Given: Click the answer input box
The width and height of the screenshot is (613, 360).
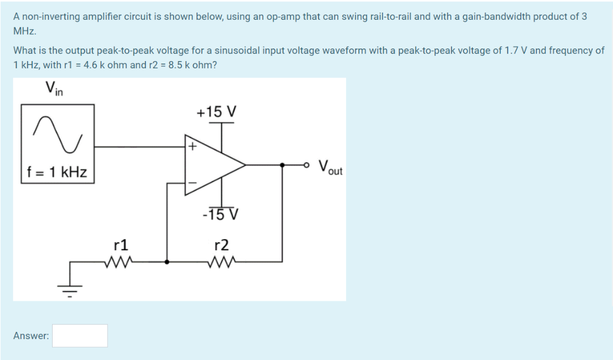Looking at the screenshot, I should point(80,335).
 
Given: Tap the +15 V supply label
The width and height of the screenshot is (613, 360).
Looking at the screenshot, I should point(217,112).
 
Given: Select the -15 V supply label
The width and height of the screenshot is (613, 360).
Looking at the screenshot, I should point(220,214).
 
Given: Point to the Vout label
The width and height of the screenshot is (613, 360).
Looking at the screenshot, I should point(330,167).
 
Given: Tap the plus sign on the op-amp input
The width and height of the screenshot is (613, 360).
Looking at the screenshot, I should point(192,146).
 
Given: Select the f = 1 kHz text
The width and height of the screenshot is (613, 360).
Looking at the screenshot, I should point(57,173).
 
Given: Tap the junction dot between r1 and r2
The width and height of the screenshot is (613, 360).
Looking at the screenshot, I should point(166,261).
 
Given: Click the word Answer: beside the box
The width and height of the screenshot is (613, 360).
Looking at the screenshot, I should point(31,336).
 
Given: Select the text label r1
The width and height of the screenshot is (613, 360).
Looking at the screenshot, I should point(120,244).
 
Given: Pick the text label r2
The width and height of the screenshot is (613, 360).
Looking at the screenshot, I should point(221,244).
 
